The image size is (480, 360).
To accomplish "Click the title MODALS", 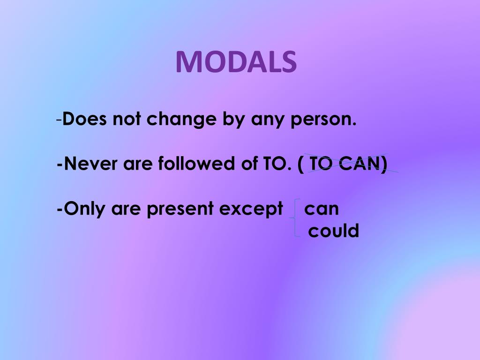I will tap(236, 61).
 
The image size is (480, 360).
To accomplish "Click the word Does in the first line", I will tap(82, 120).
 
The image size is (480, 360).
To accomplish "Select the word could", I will tap(333, 231).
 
